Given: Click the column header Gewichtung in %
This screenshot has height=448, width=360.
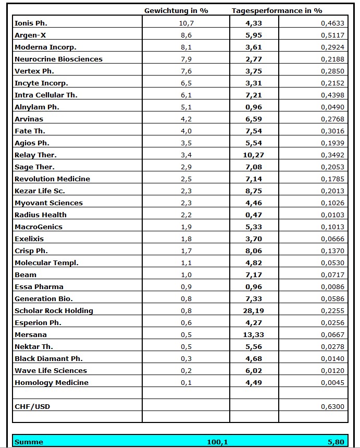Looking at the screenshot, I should (x=176, y=10).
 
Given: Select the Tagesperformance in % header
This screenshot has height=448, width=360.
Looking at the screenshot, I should (x=277, y=10).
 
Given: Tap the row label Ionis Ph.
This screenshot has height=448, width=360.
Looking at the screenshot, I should (x=31, y=23).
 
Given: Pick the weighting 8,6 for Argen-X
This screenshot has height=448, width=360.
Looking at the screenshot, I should (x=185, y=35).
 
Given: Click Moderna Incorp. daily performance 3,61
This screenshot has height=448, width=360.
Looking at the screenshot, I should (x=254, y=47).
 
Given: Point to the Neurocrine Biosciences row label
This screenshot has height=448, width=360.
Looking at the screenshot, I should (x=58, y=59).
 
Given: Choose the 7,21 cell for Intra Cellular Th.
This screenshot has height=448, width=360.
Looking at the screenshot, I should (x=254, y=95).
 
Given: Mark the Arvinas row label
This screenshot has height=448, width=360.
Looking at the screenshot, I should (x=29, y=119).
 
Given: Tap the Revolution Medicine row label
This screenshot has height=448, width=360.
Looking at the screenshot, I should (x=52, y=179).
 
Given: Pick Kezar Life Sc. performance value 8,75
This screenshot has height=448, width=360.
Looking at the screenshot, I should (x=254, y=191).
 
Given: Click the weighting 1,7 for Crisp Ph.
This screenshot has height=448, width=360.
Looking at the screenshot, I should (x=185, y=251).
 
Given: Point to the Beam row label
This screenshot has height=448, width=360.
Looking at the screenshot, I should (x=26, y=275).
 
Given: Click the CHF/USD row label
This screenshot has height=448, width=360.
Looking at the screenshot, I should (x=32, y=406).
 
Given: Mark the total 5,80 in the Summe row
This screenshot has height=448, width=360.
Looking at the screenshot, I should (x=336, y=442).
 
